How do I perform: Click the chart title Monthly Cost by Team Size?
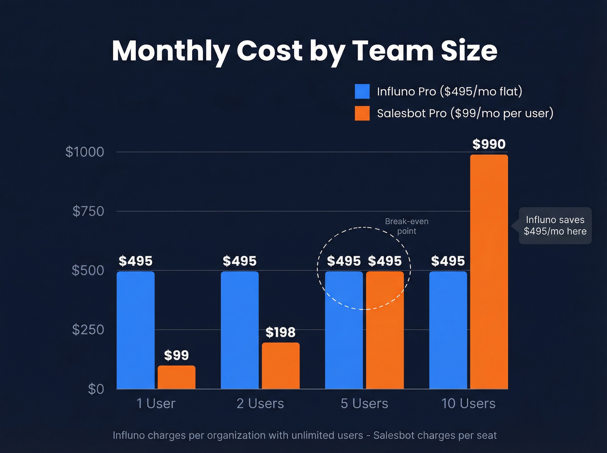tap(304, 51)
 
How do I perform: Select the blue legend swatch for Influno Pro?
tap(362, 91)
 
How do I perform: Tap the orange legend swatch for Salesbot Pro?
tap(362, 113)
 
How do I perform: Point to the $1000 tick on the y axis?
tap(85, 152)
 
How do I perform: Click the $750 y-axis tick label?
tap(88, 211)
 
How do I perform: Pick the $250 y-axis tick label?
tap(88, 329)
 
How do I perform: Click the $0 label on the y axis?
tap(96, 389)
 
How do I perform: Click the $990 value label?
tap(489, 144)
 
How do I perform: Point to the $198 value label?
tap(281, 332)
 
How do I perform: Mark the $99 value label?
tap(176, 355)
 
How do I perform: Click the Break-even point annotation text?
tap(407, 226)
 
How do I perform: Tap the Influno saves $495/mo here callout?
tap(555, 225)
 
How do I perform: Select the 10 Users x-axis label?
tap(468, 404)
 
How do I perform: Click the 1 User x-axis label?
tap(156, 404)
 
